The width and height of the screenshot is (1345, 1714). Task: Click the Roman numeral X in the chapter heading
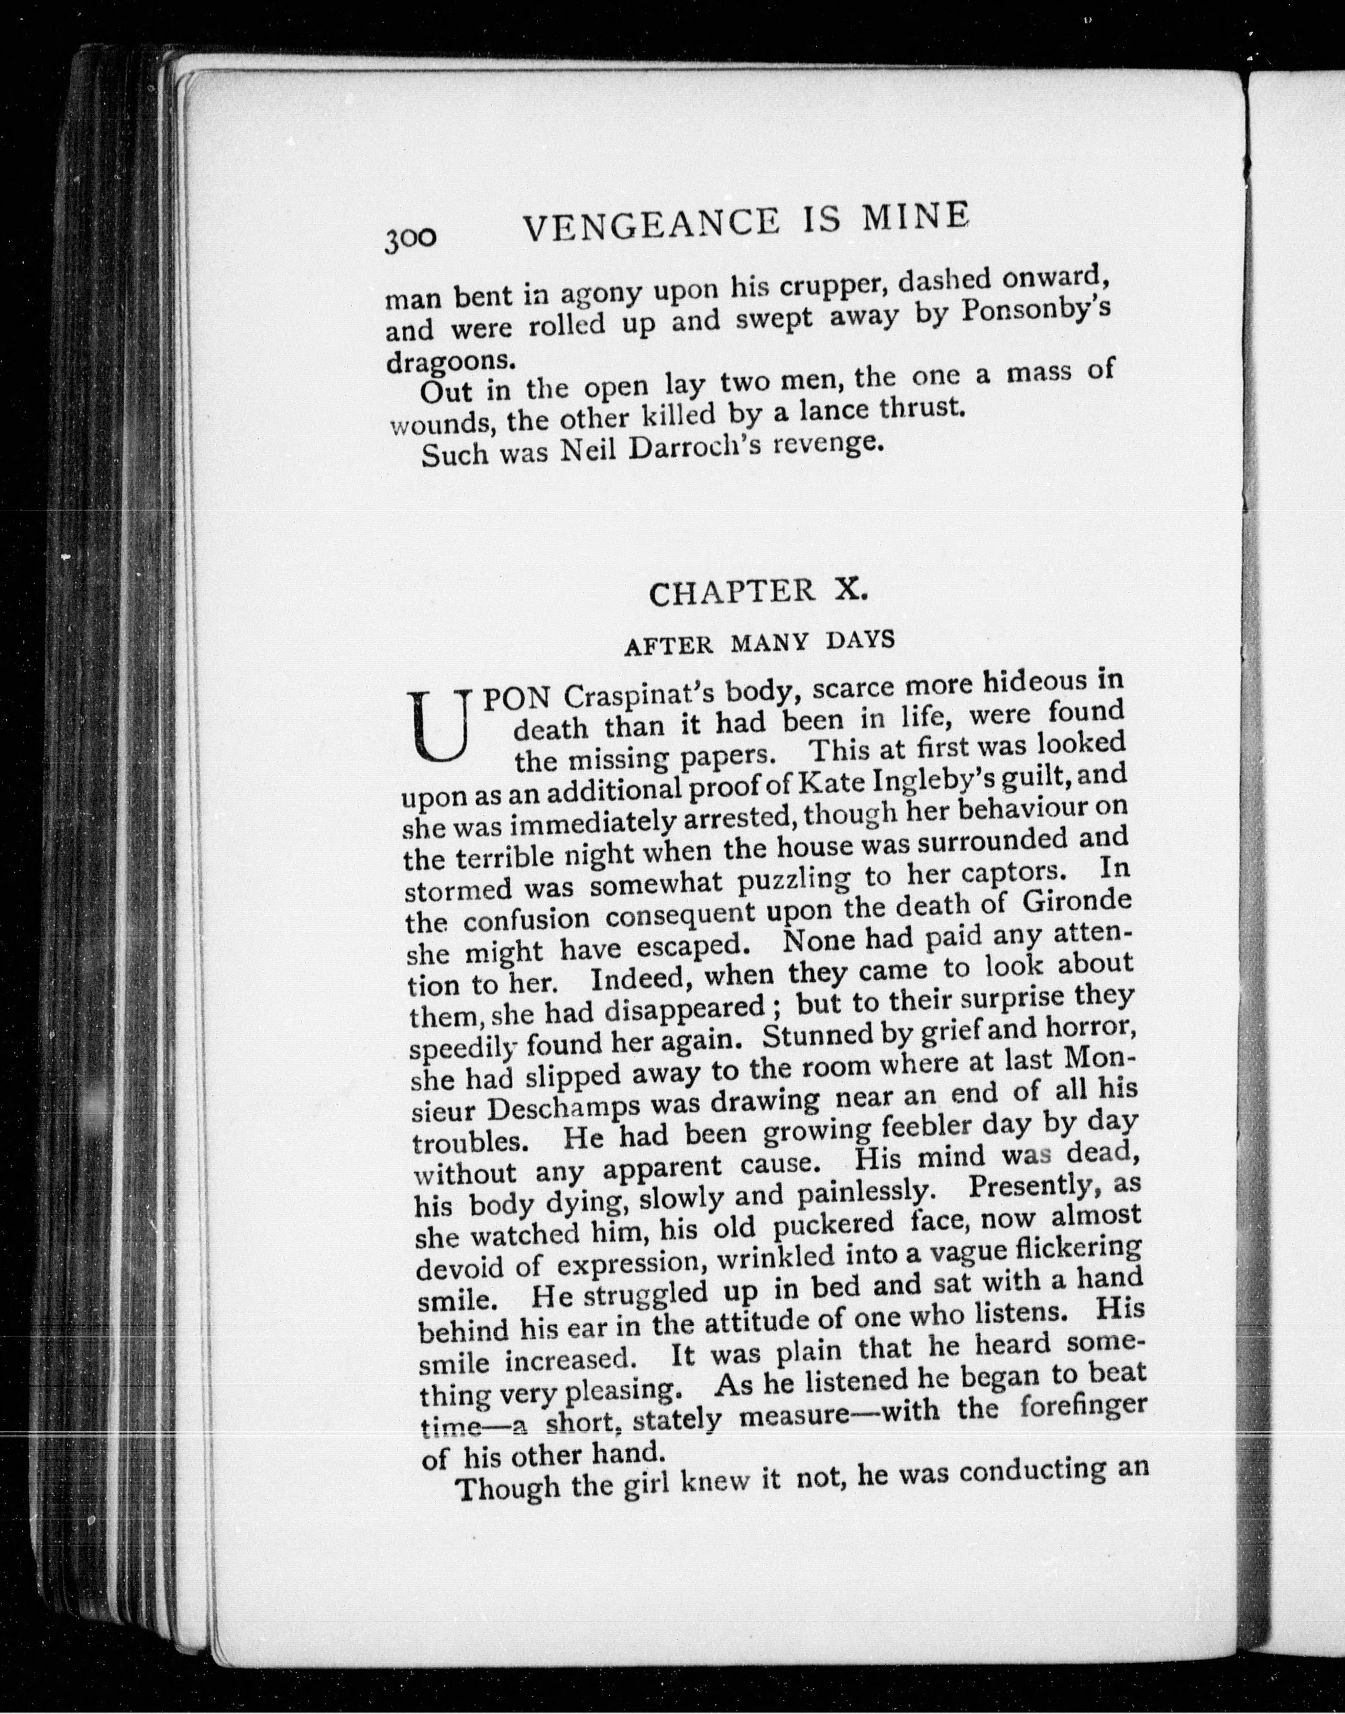pos(851,589)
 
